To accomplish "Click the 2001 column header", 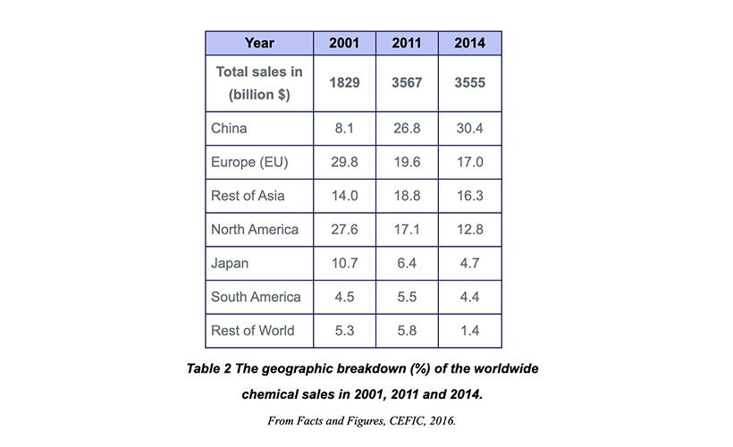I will (x=344, y=43).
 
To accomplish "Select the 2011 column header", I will (x=407, y=43).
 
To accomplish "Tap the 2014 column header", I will (x=469, y=43).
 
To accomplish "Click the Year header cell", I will (x=259, y=43).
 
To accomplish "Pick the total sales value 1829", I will (x=344, y=83).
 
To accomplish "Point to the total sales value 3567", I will (x=407, y=83).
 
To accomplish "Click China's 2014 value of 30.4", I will (x=469, y=129).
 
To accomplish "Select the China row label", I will (x=229, y=129).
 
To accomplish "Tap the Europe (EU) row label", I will (x=249, y=163).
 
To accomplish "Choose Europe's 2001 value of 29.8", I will (x=344, y=163).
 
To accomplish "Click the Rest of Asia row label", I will (x=248, y=197).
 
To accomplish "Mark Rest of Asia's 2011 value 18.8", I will (x=407, y=197).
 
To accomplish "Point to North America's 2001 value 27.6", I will (x=344, y=230).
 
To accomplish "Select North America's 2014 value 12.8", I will (x=469, y=230).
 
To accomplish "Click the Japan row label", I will (x=230, y=264).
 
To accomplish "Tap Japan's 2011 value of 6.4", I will (x=407, y=264).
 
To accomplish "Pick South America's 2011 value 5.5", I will (x=407, y=297).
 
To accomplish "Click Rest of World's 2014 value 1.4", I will (x=469, y=331).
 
